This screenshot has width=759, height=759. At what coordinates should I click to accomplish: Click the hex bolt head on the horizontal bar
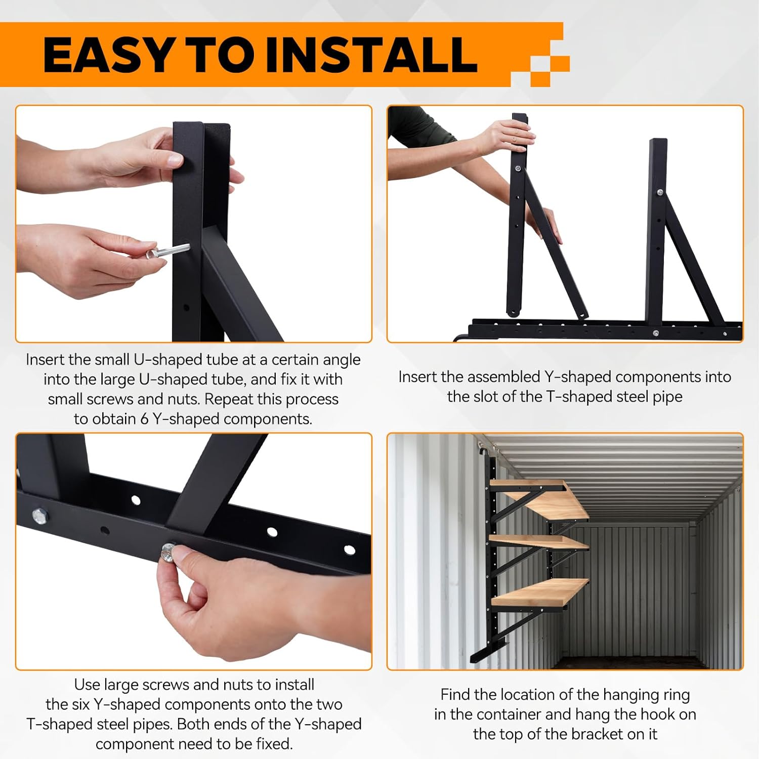(40, 516)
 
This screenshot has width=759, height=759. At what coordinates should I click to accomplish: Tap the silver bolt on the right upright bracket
(660, 192)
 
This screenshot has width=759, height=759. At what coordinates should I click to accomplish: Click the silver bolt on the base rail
(656, 333)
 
